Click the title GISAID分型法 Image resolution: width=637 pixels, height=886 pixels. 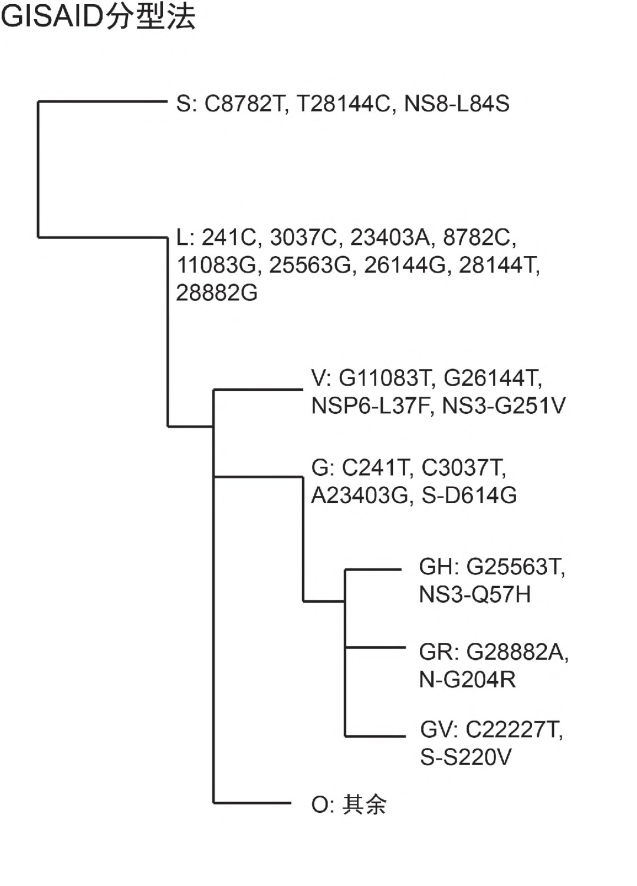[x=98, y=18]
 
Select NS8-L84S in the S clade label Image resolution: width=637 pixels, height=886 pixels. [x=457, y=104]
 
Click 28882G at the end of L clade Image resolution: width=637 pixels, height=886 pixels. [x=217, y=293]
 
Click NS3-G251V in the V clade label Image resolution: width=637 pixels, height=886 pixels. [x=504, y=406]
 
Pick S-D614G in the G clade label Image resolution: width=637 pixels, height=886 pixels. [x=469, y=495]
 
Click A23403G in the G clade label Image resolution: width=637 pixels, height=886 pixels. [x=360, y=495]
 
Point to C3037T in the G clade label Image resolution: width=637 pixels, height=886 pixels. [x=463, y=467]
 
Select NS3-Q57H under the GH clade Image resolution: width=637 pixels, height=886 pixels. [x=475, y=594]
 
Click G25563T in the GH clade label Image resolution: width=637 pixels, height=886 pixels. [x=514, y=567]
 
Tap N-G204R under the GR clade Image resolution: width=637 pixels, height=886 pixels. [x=467, y=680]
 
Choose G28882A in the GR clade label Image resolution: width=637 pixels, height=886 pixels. [x=517, y=652]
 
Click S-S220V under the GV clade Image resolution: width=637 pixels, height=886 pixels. [x=465, y=757]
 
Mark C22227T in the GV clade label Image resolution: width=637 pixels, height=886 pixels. [x=513, y=730]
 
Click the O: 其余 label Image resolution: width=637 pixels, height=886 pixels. [x=349, y=804]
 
